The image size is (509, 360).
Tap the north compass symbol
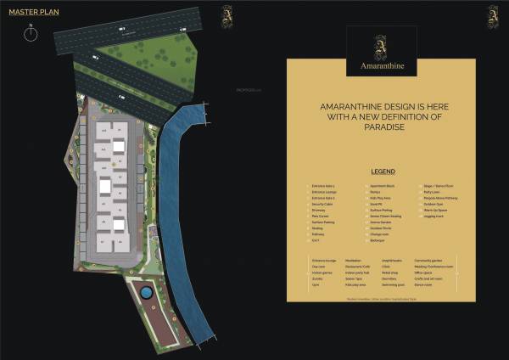coord(30,33)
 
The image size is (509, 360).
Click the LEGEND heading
coord(383,172)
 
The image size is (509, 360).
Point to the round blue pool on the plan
coord(146,292)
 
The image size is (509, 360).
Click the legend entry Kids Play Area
coord(380,198)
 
